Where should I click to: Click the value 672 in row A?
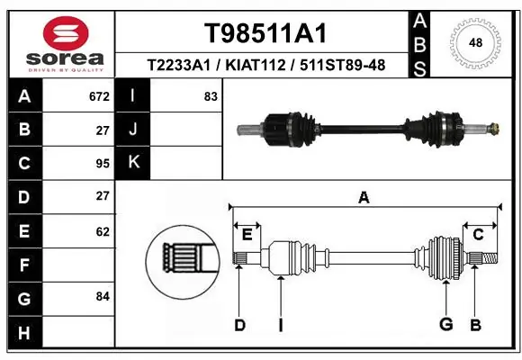click(99, 96)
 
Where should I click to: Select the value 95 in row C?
click(102, 163)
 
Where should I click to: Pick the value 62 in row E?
click(102, 231)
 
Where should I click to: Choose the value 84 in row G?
click(102, 295)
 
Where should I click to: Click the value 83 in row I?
click(211, 96)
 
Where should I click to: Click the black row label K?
click(133, 163)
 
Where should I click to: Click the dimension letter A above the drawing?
click(364, 197)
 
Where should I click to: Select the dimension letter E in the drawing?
click(247, 235)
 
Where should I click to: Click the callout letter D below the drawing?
click(239, 325)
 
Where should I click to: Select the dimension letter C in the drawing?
click(479, 235)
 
